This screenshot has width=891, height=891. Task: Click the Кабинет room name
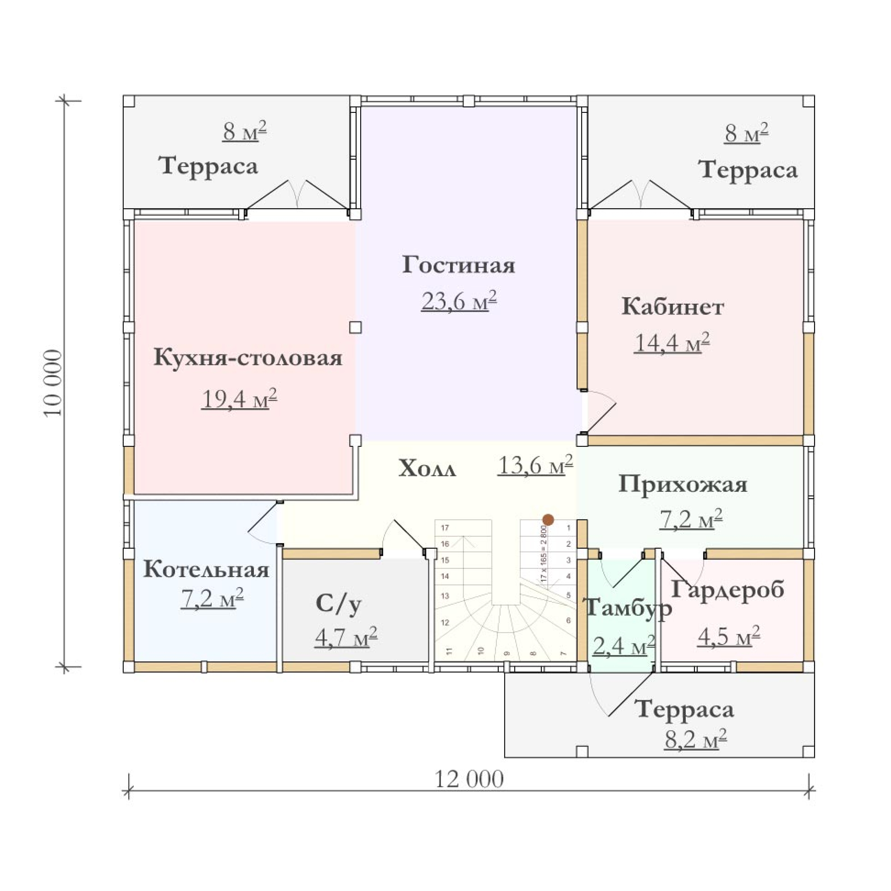[x=672, y=307]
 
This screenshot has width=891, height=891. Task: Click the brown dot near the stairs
[x=548, y=520]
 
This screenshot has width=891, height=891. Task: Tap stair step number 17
[x=445, y=528]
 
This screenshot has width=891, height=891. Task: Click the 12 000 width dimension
[x=469, y=780]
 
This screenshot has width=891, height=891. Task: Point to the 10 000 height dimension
[x=53, y=383]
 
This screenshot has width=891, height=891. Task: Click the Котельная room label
[x=206, y=569]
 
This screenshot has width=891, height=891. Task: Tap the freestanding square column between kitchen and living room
[x=355, y=328]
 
